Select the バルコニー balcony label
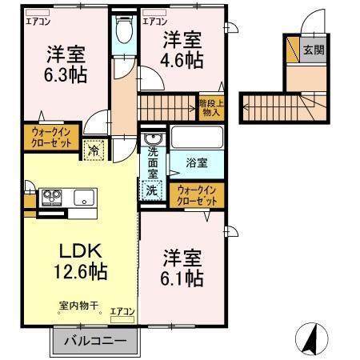point(95,341)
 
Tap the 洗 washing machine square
point(152,191)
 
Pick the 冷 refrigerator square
point(94,148)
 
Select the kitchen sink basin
point(84,197)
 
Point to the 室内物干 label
point(77,306)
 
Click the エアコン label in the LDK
point(122,311)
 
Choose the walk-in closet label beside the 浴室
point(196,194)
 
